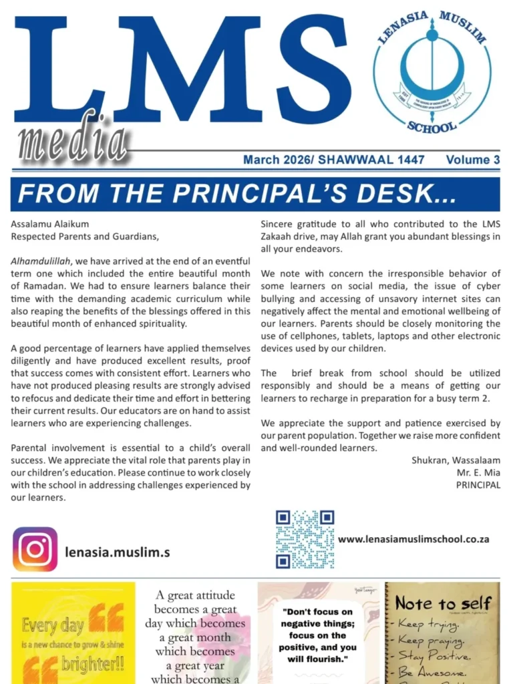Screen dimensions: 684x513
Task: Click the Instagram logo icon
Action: pyautogui.click(x=35, y=549)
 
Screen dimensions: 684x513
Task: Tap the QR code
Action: pyautogui.click(x=305, y=539)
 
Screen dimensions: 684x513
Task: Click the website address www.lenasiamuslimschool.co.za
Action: pyautogui.click(x=413, y=538)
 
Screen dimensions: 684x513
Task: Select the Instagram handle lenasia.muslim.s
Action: pyautogui.click(x=118, y=552)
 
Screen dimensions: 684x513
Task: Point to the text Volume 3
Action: pyautogui.click(x=473, y=160)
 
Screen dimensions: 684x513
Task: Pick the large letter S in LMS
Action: pyautogui.click(x=309, y=70)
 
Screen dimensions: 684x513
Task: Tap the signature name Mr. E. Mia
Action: pyautogui.click(x=477, y=474)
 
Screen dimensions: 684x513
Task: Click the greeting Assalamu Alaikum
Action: pyautogui.click(x=50, y=224)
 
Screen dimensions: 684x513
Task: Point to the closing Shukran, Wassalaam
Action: pyautogui.click(x=456, y=462)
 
